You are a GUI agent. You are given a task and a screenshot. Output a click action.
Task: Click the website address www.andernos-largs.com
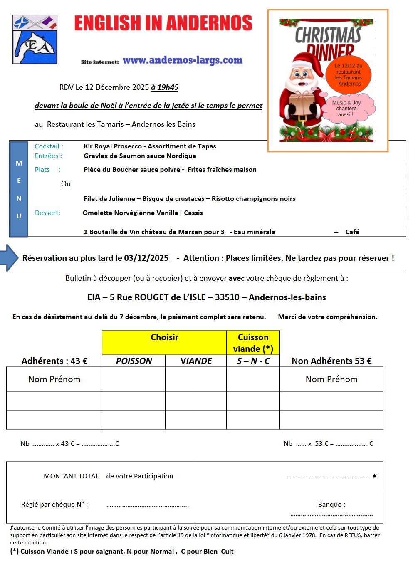(x=182, y=60)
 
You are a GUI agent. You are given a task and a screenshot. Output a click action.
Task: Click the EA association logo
(x=35, y=40)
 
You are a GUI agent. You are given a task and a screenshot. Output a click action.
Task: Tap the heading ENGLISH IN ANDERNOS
(x=163, y=23)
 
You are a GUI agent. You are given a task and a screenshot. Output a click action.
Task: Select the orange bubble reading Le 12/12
(x=348, y=74)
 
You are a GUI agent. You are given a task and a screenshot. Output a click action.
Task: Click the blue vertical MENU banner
(x=19, y=189)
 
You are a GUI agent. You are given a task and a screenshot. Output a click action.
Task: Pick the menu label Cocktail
(x=49, y=146)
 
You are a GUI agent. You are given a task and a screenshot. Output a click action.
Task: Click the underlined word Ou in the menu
(x=66, y=184)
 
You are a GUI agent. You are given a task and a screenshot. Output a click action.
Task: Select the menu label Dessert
(x=47, y=213)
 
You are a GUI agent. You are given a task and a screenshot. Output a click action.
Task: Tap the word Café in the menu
(x=352, y=232)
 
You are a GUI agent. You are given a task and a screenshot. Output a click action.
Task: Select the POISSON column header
(x=134, y=361)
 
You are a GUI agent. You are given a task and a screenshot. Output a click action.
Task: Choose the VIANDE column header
(x=196, y=361)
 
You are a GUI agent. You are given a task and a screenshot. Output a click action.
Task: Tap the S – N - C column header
(x=253, y=361)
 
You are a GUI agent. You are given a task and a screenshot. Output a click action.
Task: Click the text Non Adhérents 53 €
(x=331, y=361)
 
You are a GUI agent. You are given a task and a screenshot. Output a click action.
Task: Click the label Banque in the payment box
(x=331, y=505)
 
